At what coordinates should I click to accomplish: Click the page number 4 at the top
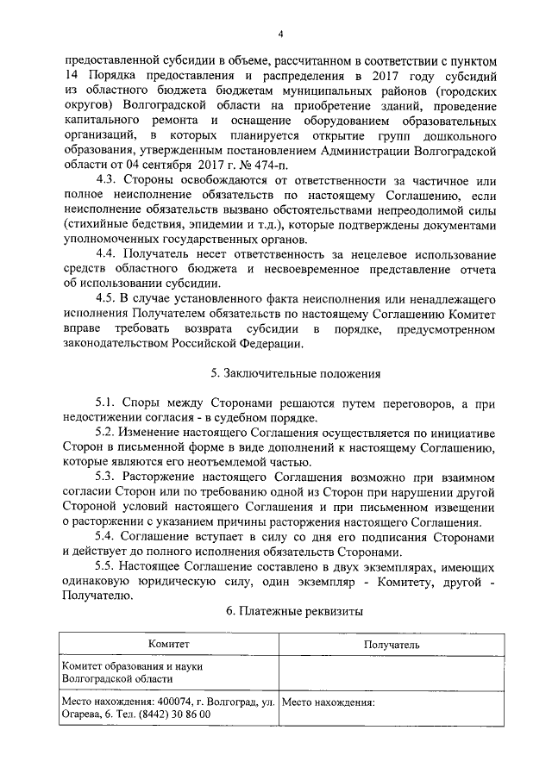280,34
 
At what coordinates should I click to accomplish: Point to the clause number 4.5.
110,297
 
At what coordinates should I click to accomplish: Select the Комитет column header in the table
167,644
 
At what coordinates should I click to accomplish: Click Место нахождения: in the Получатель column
329,702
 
